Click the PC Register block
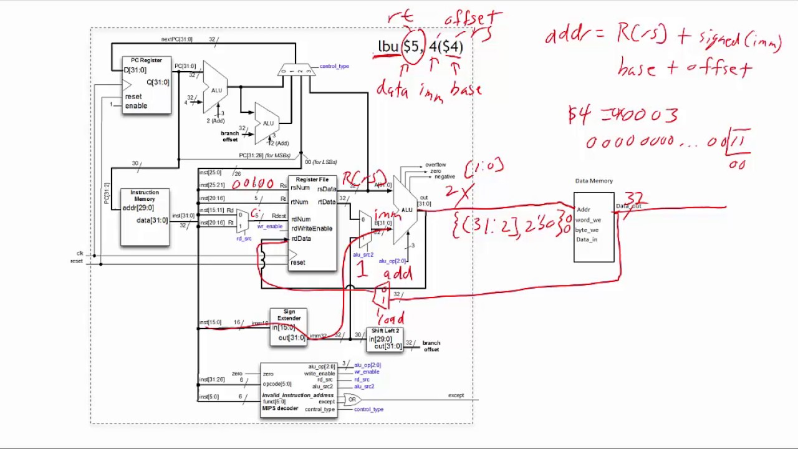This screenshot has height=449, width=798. pyautogui.click(x=147, y=85)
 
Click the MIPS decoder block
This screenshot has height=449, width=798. pyautogui.click(x=299, y=390)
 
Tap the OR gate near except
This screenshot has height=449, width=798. pyautogui.click(x=353, y=400)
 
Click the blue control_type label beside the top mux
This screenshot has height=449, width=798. pyautogui.click(x=334, y=66)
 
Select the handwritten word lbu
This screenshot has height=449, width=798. pyautogui.click(x=388, y=47)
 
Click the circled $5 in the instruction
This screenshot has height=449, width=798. pyautogui.click(x=411, y=46)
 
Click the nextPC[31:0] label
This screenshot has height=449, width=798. pyautogui.click(x=176, y=39)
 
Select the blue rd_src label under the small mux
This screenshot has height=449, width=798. pyautogui.click(x=244, y=239)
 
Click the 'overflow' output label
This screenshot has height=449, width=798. pyautogui.click(x=435, y=165)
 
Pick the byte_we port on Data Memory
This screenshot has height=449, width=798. pyautogui.click(x=587, y=230)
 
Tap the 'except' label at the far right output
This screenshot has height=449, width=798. pyautogui.click(x=456, y=395)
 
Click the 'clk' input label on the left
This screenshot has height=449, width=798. pyautogui.click(x=80, y=253)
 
